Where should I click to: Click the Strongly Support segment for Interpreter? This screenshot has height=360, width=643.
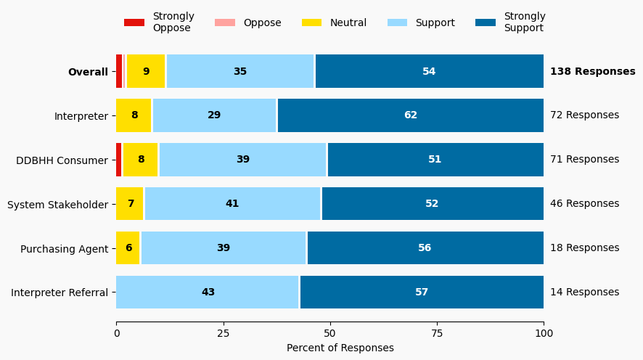pos(410,115)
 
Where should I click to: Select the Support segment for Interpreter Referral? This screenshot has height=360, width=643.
pos(208,292)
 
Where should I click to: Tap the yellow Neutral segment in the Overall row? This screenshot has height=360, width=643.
pos(146,71)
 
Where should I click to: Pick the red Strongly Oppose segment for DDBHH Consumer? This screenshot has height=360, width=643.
pos(119,160)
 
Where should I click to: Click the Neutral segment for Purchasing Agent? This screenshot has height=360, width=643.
pos(128,248)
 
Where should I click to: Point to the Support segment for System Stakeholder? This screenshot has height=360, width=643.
pos(232,204)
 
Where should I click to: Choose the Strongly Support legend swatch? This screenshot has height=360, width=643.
pos(486,22)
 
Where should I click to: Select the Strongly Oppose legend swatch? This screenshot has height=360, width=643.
pos(134,22)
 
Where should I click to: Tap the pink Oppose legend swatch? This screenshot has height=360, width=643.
pos(225,22)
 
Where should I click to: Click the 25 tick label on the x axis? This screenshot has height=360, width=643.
pos(223,333)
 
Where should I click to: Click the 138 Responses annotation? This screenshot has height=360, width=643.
pos(592,71)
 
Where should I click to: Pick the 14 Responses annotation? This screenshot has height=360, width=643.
pos(584,292)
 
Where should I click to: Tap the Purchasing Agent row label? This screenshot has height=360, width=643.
pos(64,249)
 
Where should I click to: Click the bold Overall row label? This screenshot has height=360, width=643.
pos(88,72)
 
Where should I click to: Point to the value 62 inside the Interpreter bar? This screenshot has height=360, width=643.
pos(411,115)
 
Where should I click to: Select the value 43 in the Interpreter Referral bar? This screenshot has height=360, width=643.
pos(208,292)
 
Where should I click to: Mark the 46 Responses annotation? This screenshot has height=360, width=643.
pos(584,204)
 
